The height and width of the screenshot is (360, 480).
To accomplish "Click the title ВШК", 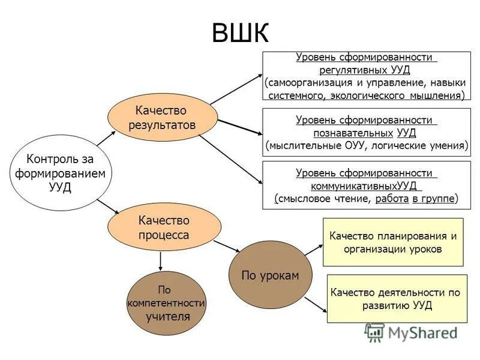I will [240, 33].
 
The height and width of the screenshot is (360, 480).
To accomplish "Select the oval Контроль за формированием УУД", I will [60, 173].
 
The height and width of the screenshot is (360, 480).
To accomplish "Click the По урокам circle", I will [269, 275].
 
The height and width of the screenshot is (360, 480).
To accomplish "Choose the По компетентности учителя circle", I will [166, 304].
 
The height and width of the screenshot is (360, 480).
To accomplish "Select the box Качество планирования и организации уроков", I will [393, 242].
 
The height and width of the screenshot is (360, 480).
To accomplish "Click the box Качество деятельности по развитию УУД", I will [397, 298].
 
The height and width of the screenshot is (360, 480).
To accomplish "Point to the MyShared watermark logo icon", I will [375, 332].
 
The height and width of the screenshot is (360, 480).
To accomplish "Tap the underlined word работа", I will [392, 199].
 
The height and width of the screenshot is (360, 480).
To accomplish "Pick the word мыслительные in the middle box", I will [298, 145].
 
